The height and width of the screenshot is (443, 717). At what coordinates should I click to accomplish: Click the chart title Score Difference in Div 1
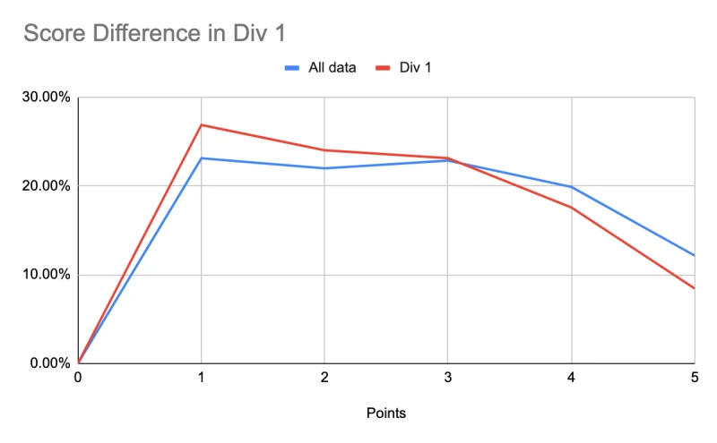click(x=154, y=33)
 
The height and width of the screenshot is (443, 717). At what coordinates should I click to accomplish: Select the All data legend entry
click(x=320, y=68)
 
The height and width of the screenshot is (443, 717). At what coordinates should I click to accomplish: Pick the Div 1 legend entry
click(x=403, y=68)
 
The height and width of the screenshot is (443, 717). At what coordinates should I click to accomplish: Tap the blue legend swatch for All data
click(x=292, y=68)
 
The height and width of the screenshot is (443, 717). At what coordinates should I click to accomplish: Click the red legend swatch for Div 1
click(x=383, y=68)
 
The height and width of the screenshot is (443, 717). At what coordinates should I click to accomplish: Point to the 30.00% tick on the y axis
click(x=47, y=97)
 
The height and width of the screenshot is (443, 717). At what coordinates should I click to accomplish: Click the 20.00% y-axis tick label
click(x=47, y=186)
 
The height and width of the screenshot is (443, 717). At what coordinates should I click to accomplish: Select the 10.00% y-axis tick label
click(x=47, y=275)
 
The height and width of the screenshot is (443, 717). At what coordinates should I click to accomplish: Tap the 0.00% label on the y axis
click(x=50, y=363)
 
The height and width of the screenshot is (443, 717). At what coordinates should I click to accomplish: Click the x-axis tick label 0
click(x=78, y=378)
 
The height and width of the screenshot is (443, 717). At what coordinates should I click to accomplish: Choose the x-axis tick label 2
click(x=324, y=378)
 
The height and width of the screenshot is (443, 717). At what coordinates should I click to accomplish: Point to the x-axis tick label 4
click(x=571, y=378)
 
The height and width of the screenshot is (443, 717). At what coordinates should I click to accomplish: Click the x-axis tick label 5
click(x=695, y=378)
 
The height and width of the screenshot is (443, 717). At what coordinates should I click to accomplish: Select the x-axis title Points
click(x=386, y=413)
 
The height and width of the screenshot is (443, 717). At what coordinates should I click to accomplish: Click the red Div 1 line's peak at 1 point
click(x=201, y=124)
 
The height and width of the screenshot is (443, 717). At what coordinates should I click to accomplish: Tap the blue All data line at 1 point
click(x=201, y=158)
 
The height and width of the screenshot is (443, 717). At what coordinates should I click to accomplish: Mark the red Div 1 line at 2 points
click(x=324, y=149)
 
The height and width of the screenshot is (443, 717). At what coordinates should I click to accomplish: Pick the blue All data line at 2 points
click(x=324, y=168)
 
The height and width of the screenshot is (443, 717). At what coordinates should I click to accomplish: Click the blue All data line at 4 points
click(x=571, y=187)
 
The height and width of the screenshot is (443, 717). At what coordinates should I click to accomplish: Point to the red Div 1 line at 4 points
click(x=571, y=208)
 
